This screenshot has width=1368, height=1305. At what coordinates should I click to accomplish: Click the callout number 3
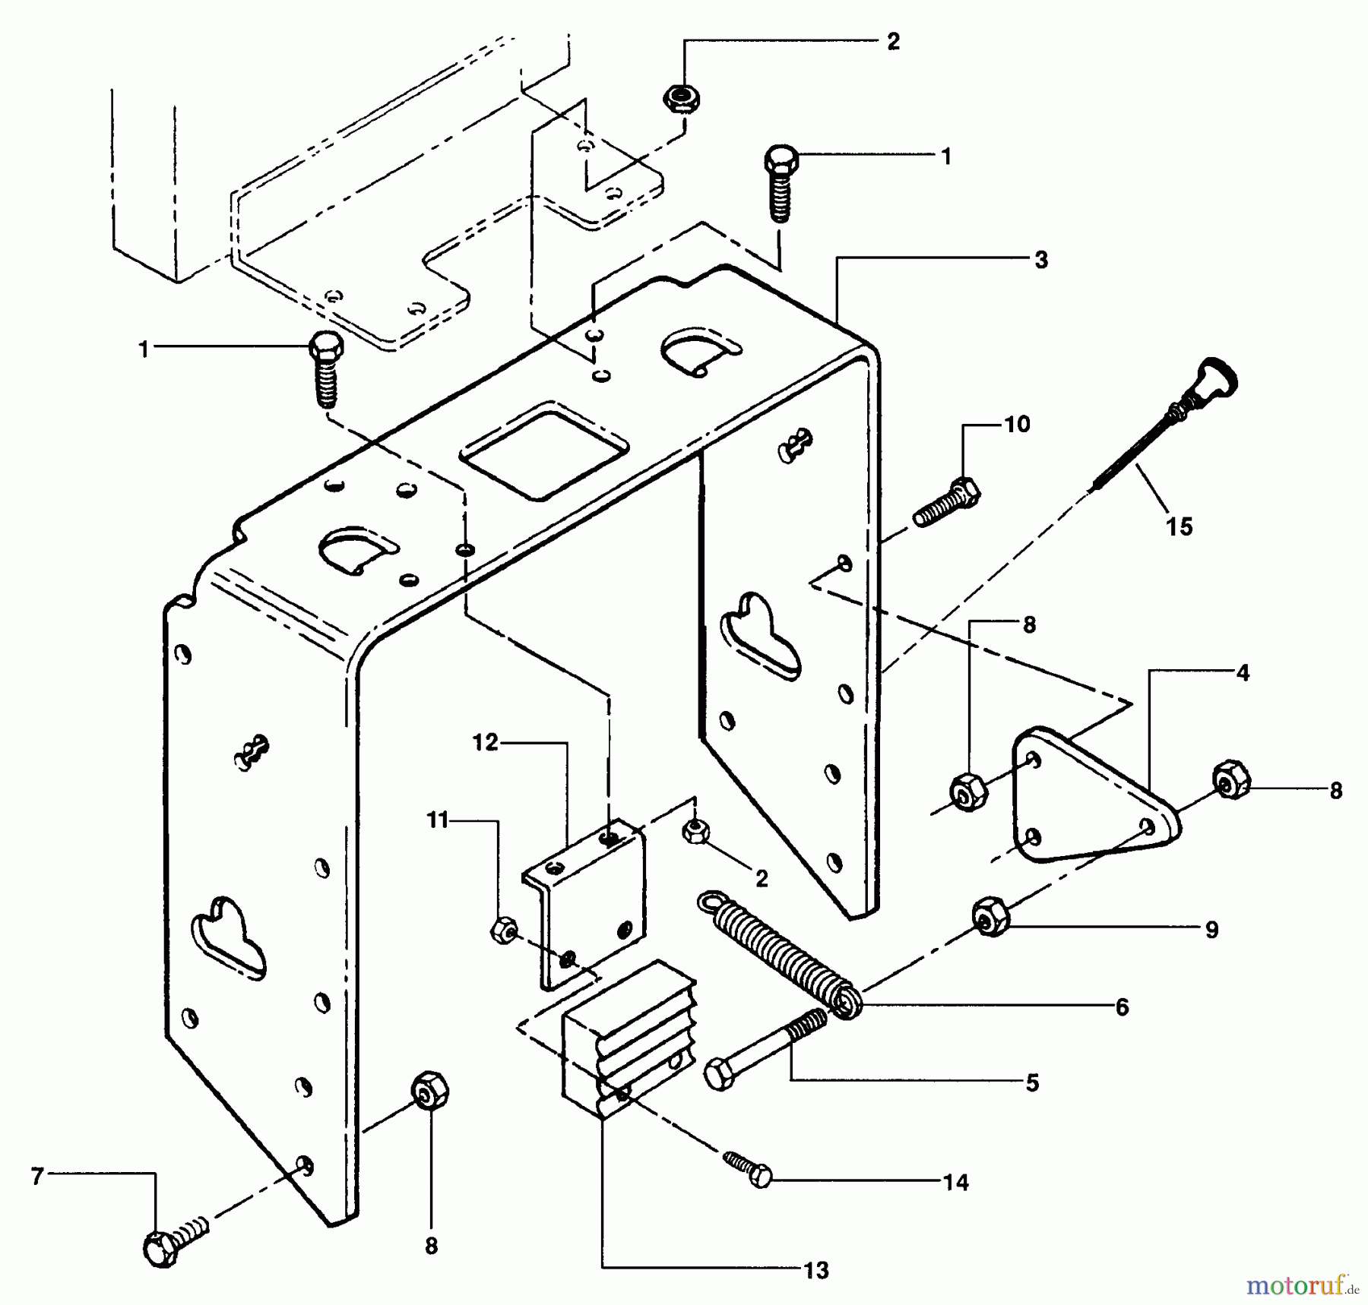(x=1041, y=260)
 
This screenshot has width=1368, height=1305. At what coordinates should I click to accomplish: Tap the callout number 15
(x=1180, y=526)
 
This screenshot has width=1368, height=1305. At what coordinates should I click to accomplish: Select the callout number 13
(x=816, y=1270)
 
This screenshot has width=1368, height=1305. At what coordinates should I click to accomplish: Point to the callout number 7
(x=37, y=1177)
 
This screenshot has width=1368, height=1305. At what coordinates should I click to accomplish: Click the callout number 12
(x=485, y=742)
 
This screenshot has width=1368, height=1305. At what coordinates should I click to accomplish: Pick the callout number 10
(x=1017, y=425)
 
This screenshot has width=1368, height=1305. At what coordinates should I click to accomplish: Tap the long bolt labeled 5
(x=764, y=1050)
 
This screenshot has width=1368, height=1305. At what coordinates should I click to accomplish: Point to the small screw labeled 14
(x=748, y=1169)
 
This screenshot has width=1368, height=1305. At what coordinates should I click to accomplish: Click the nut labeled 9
(x=990, y=917)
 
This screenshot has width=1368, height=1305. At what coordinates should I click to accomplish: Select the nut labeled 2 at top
(x=681, y=99)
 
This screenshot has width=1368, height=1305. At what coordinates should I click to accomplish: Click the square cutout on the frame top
(x=544, y=451)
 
